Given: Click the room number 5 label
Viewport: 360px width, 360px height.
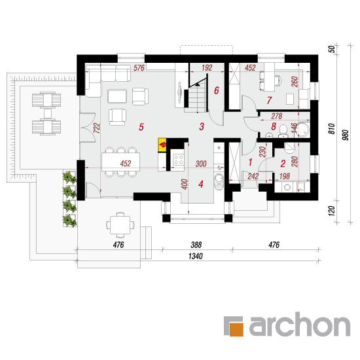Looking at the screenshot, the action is pyautogui.click(x=141, y=127).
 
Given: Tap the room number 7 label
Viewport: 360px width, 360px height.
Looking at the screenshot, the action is pyautogui.click(x=269, y=100).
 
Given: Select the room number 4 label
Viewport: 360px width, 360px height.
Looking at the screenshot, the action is pyautogui.click(x=201, y=184).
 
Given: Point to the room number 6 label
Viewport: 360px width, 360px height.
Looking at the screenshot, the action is pyautogui.click(x=217, y=90).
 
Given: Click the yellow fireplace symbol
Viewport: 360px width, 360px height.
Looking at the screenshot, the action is pyautogui.click(x=162, y=145).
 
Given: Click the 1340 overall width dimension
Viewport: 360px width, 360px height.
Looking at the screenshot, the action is pyautogui.click(x=196, y=256).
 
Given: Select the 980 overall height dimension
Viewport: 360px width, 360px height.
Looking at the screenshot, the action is pyautogui.click(x=345, y=135).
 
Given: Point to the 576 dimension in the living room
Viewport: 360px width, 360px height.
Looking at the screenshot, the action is pyautogui.click(x=139, y=67).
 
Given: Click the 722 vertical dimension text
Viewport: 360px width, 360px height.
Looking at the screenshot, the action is pyautogui.click(x=97, y=128).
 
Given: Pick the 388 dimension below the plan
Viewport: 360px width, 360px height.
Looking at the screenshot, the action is pyautogui.click(x=196, y=245).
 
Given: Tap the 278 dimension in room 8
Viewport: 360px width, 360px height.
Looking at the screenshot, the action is pyautogui.click(x=277, y=116).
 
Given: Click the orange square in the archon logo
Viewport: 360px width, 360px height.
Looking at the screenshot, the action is pyautogui.click(x=236, y=330).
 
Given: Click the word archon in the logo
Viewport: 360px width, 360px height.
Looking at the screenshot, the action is pyautogui.click(x=300, y=324).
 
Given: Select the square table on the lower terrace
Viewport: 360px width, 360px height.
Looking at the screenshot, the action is pyautogui.click(x=120, y=225).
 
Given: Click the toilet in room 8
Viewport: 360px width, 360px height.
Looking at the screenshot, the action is pyautogui.click(x=283, y=132).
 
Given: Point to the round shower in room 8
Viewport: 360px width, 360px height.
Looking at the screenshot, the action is pyautogui.click(x=303, y=130).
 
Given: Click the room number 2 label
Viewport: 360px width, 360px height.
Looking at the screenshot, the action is pyautogui.click(x=283, y=164).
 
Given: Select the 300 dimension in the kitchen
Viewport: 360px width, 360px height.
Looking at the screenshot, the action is pyautogui.click(x=201, y=164).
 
